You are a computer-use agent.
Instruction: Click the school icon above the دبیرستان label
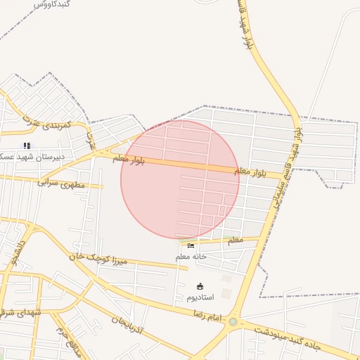coord(27,145)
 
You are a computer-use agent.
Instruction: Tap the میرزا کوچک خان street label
coord(101,259)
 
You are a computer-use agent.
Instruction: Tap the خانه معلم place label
coord(191,257)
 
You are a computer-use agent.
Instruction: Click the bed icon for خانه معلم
coord(191,245)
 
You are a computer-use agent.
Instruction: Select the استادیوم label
coord(201,297)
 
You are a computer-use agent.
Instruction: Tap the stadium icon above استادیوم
coord(200,286)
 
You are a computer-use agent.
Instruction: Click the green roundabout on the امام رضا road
coord(233,321)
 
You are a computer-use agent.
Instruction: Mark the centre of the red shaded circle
coord(180,179)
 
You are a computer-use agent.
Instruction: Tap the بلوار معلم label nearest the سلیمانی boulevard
coord(250,171)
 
